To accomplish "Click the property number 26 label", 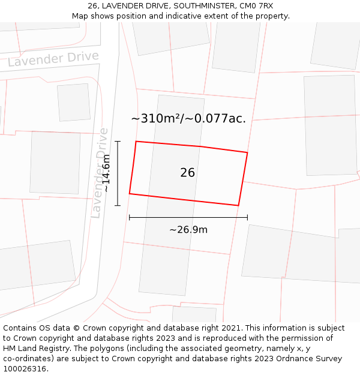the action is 187,173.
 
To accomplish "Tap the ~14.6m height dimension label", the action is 106,173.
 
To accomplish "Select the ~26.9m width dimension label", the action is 188,230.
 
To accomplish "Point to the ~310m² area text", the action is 157,119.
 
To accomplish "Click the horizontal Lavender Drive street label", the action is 53,59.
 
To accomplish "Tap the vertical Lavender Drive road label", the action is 100,173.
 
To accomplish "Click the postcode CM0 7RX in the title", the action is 257,6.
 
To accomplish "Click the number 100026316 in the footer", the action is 24,369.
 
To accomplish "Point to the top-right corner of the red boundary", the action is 247,152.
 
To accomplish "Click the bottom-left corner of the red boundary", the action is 130,194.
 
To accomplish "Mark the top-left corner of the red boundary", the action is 136,142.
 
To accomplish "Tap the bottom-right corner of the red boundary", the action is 238,206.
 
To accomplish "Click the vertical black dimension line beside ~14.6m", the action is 118,173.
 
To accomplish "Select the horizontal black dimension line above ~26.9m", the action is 188,217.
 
